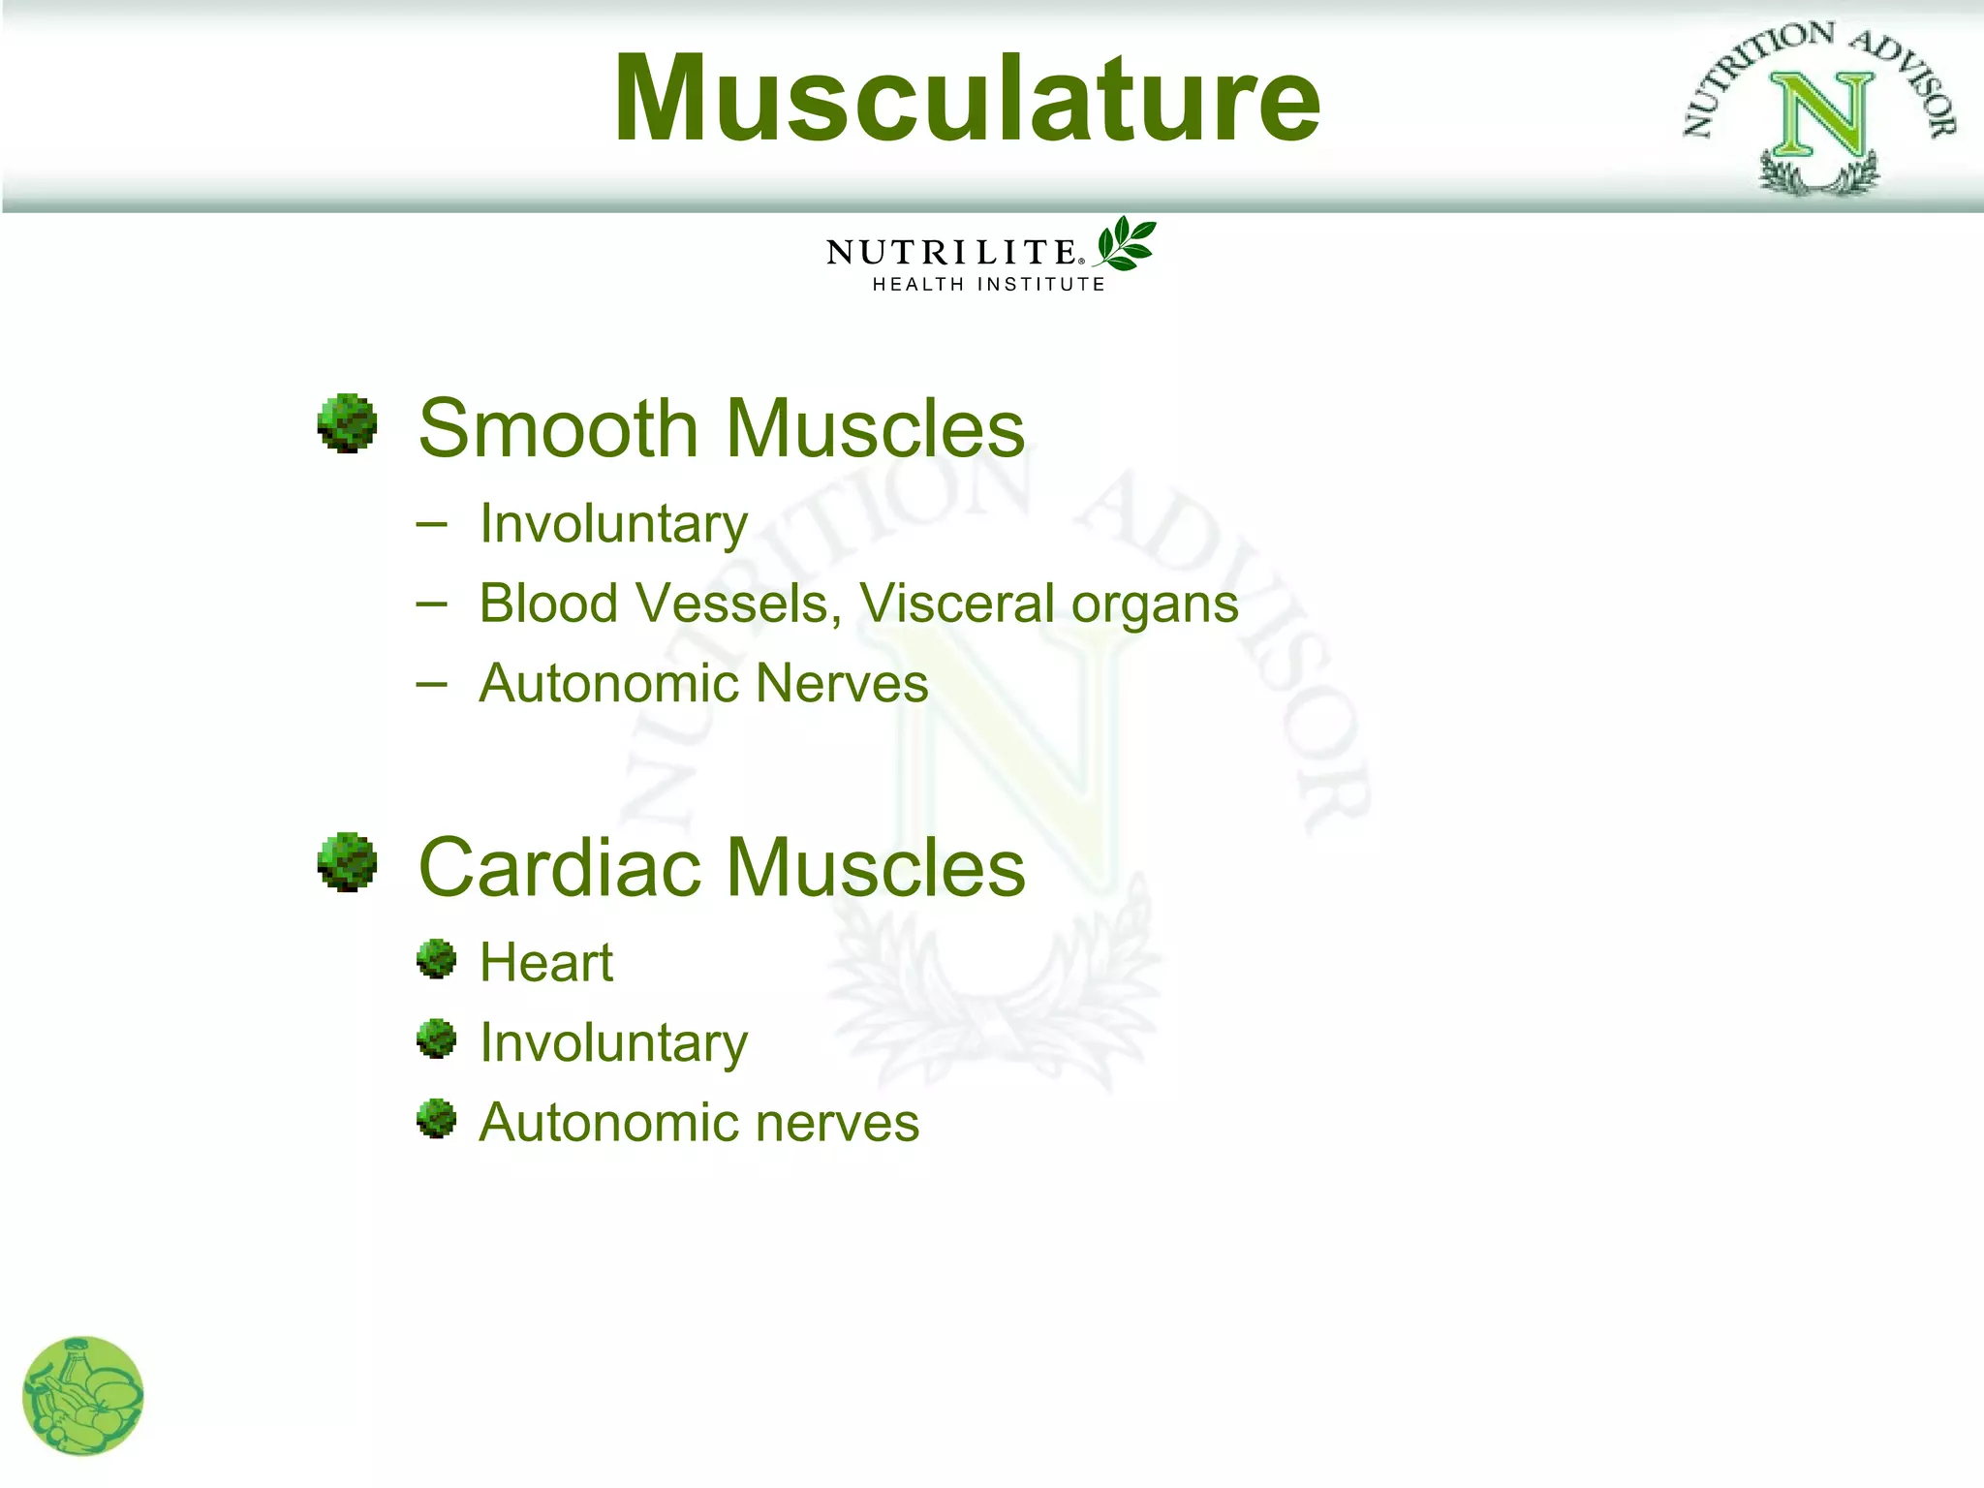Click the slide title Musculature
[967, 99]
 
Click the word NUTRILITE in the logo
[951, 253]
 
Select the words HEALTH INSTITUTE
[988, 284]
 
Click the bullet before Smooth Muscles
[347, 423]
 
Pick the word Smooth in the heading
[558, 428]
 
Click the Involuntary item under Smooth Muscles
[613, 524]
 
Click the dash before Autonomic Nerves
[431, 684]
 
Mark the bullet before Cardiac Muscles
[347, 861]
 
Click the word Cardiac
[558, 867]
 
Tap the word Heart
[546, 963]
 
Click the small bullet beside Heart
[436, 959]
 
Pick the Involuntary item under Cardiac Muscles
[613, 1043]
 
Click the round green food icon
[82, 1396]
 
